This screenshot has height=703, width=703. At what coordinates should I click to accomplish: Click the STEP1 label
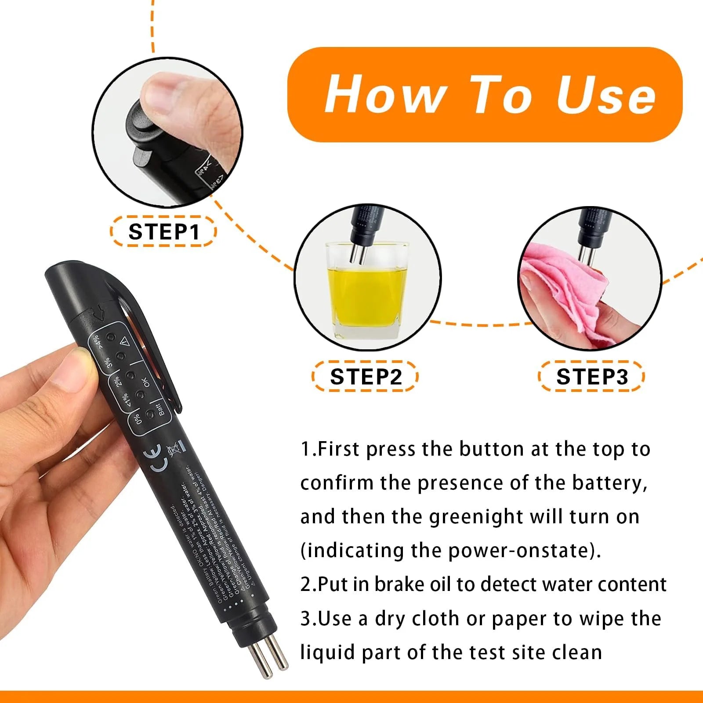pyautogui.click(x=163, y=232)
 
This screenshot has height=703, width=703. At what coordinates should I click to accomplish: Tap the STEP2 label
pyautogui.click(x=366, y=377)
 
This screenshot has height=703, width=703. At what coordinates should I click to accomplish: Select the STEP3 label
pyautogui.click(x=592, y=377)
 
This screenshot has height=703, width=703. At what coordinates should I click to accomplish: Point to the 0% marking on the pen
pyautogui.click(x=138, y=419)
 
